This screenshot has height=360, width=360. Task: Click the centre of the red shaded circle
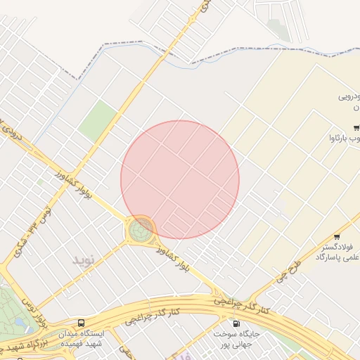[x=180, y=179]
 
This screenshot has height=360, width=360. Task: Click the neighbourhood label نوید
[x=83, y=259]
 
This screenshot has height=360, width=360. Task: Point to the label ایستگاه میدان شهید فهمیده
[x=82, y=338]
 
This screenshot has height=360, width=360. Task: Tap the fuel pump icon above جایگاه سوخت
[x=235, y=323]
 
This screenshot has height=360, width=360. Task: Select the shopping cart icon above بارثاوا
[x=357, y=127]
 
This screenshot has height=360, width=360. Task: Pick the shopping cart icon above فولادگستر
[x=337, y=236]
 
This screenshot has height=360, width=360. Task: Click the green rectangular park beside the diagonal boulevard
[x=98, y=121]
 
